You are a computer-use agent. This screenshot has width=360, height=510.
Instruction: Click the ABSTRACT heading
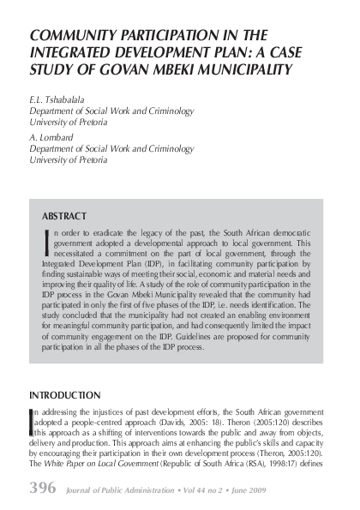click(64, 215)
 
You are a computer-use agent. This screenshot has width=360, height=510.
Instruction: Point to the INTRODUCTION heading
click(64, 395)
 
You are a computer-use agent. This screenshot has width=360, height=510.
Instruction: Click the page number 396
click(43, 489)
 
